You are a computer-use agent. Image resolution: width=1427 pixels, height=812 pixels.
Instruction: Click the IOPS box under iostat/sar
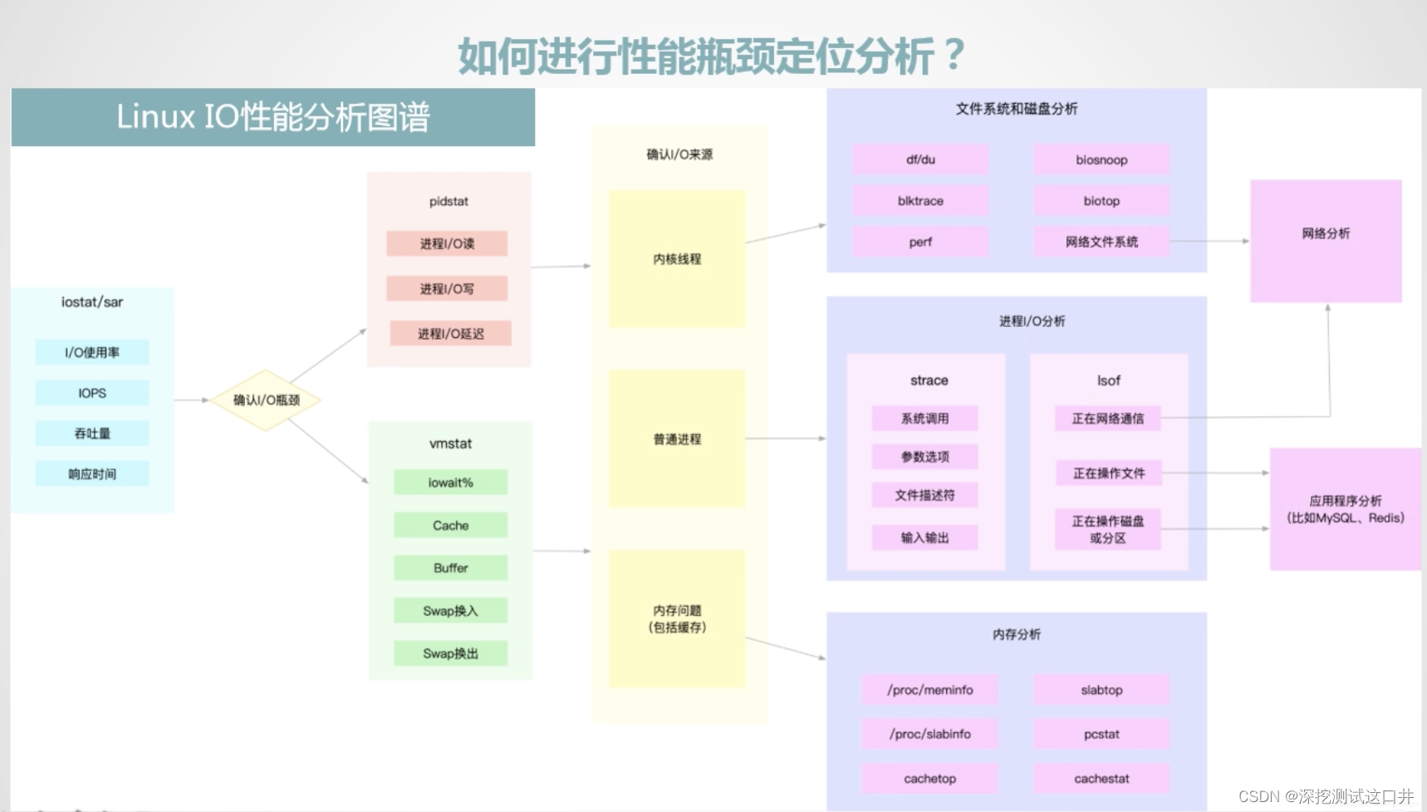(92, 393)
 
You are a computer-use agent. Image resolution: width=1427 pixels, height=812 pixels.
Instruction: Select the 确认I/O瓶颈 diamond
(266, 400)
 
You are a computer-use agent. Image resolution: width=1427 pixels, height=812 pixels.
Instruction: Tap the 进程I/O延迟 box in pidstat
(450, 334)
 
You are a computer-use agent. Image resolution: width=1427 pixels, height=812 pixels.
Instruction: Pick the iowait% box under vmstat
(450, 482)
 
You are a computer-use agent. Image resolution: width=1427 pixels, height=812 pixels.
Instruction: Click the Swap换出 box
(450, 653)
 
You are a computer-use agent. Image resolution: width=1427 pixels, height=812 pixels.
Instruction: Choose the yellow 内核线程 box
(677, 259)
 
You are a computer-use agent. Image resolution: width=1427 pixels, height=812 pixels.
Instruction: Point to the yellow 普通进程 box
(677, 439)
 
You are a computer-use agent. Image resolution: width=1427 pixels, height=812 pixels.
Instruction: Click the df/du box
(920, 159)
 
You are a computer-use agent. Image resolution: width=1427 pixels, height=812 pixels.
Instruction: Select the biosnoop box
(1101, 159)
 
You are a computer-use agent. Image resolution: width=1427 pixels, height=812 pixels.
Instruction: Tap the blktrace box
(920, 201)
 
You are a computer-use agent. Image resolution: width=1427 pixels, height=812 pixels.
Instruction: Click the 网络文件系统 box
(1101, 242)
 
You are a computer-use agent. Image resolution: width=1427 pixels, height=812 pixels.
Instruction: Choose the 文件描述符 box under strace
(924, 496)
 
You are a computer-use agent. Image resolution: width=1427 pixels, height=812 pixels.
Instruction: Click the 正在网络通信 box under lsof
(1107, 418)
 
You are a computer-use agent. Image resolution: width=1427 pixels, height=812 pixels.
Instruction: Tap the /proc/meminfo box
(929, 690)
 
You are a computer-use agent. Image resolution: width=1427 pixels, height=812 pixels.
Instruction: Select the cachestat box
(1101, 779)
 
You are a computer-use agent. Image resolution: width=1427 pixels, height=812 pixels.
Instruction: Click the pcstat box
(1101, 734)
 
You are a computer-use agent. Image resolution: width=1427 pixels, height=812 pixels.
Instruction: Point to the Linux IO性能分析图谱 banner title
(273, 117)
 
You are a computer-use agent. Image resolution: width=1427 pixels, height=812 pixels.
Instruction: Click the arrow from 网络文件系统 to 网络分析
(1209, 242)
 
